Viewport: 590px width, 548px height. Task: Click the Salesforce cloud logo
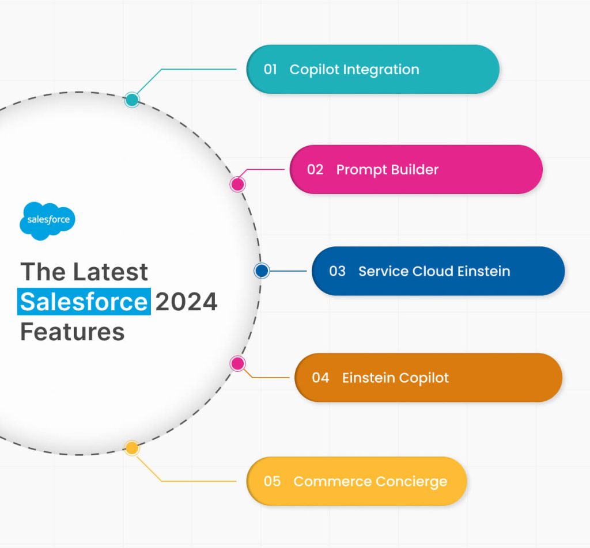point(48,220)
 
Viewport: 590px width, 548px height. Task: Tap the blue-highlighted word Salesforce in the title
point(84,302)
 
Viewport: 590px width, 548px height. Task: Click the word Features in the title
point(73,332)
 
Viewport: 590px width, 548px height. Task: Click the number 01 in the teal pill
point(271,70)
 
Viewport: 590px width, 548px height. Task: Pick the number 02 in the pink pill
point(315,170)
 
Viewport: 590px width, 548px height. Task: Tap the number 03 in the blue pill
point(337,271)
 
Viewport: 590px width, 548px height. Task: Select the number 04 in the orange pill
point(320,378)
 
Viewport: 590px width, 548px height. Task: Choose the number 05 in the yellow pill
point(272,481)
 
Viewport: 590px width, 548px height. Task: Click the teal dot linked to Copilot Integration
point(132,100)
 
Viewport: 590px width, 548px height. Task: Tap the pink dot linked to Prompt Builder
point(237,184)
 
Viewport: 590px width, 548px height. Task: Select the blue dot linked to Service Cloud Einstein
point(262,271)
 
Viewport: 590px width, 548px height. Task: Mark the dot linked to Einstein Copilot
point(237,363)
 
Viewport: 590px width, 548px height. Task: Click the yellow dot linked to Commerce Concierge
point(132,448)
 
